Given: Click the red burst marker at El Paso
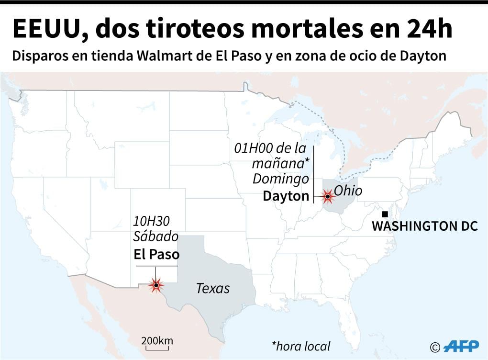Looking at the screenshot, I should (x=156, y=285).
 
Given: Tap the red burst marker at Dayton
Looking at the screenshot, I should (x=328, y=196).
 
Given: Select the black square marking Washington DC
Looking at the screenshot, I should (x=385, y=214).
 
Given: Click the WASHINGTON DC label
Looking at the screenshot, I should (x=425, y=226).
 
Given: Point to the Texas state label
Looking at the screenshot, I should (x=213, y=288).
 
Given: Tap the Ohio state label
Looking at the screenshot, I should (x=348, y=191).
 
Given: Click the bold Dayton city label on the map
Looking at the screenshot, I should (x=286, y=196).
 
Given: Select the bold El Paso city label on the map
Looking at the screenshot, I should (x=156, y=254).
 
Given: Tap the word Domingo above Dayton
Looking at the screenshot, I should (x=281, y=179).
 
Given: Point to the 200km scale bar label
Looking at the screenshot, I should (x=157, y=341).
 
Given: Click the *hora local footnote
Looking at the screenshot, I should (x=301, y=346).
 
